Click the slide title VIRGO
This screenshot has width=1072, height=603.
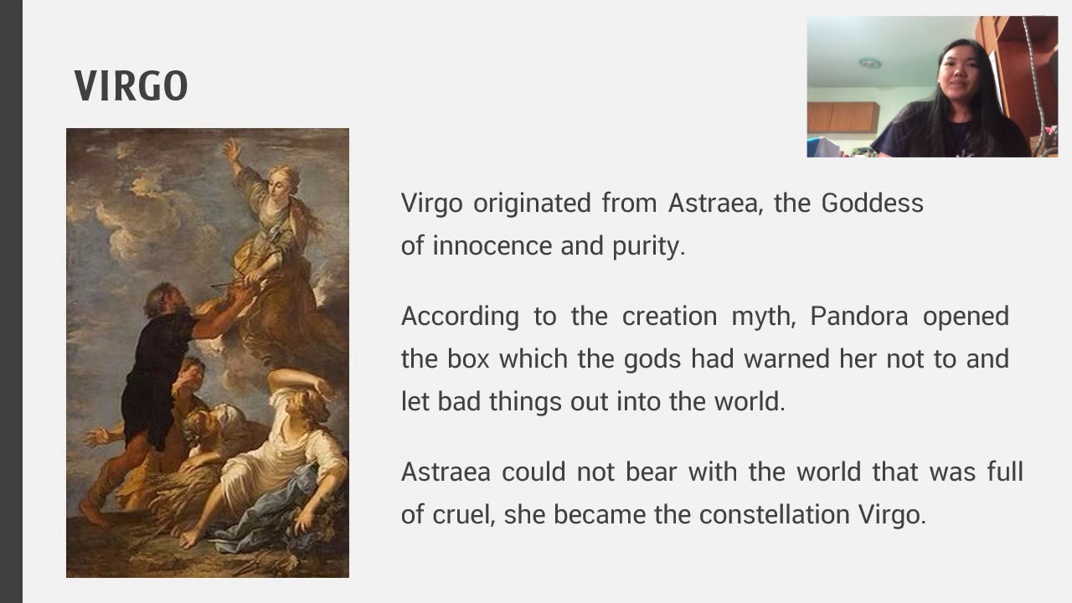coord(131,86)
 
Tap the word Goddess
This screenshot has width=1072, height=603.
coord(872,203)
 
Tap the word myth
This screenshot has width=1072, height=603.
coord(761,316)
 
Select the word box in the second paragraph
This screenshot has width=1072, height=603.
coord(467,358)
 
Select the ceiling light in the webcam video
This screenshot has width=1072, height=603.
coord(870,63)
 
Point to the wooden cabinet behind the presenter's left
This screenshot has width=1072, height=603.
coord(843,117)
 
